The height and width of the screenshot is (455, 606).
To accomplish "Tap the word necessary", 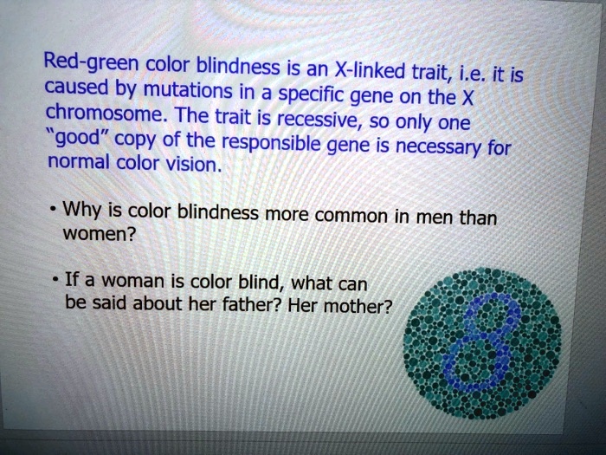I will (450, 153).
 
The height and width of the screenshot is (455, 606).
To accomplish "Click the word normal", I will (79, 163).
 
